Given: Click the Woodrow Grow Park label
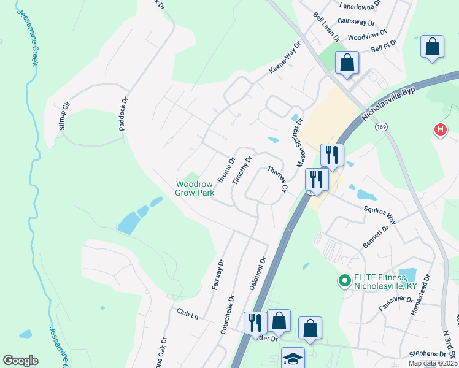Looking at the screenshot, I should [x=195, y=188].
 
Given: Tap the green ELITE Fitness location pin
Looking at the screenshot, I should [x=344, y=282].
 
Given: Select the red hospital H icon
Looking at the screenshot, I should [x=440, y=130].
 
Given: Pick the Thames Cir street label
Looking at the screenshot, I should [x=277, y=180].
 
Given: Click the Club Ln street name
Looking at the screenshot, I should [x=187, y=315].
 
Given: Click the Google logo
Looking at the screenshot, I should [x=20, y=361].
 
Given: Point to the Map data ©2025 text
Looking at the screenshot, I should [x=432, y=363].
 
